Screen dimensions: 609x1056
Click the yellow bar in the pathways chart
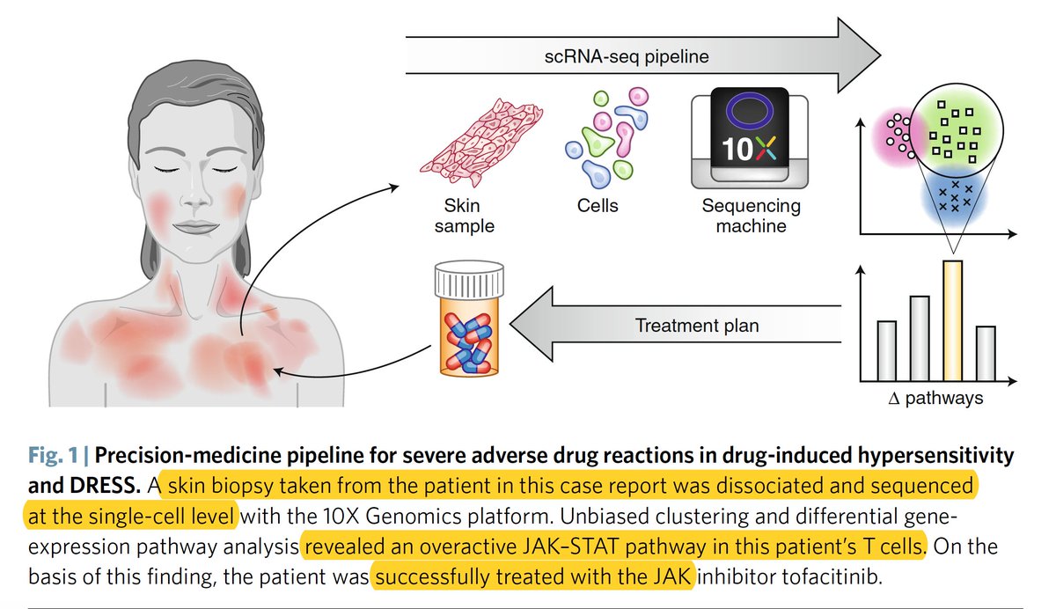952,319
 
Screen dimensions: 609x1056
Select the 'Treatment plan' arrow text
697,326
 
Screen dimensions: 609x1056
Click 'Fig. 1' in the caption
54,457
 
